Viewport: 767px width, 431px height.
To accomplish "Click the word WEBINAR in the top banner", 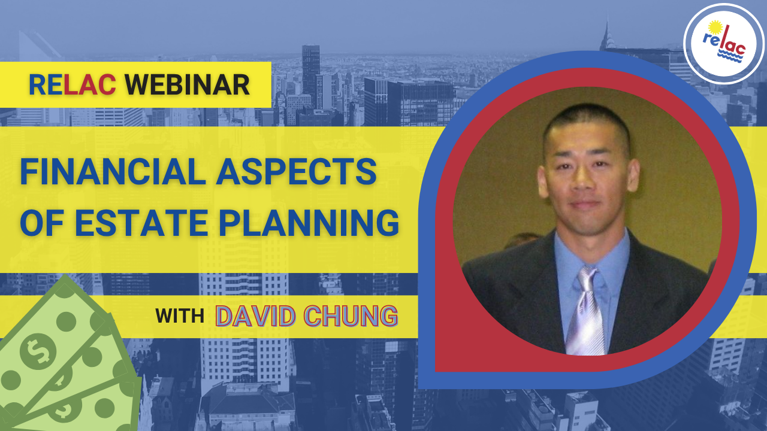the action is pyautogui.click(x=187, y=85).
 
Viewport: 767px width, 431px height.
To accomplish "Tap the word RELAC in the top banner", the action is pyautogui.click(x=73, y=85).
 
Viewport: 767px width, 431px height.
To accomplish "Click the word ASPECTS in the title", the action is pyautogui.click(x=297, y=172).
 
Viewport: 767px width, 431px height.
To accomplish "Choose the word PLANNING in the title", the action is pyautogui.click(x=309, y=223).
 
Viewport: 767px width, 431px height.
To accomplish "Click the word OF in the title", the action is pyautogui.click(x=42, y=223).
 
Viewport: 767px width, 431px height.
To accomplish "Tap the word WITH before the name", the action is pyautogui.click(x=180, y=315).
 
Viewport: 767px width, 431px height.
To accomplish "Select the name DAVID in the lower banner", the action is pyautogui.click(x=255, y=316).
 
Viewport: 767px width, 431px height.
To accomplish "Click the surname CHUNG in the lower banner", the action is pyautogui.click(x=351, y=316).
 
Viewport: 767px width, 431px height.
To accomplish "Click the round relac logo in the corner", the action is pyautogui.click(x=723, y=44).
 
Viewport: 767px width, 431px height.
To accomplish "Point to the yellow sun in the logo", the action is pyautogui.click(x=715, y=28).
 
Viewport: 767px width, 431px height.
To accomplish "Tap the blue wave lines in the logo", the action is pyautogui.click(x=730, y=56).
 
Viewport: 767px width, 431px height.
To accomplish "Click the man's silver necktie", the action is pyautogui.click(x=586, y=311).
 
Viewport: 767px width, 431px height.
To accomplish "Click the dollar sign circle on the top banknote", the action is pyautogui.click(x=38, y=351).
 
